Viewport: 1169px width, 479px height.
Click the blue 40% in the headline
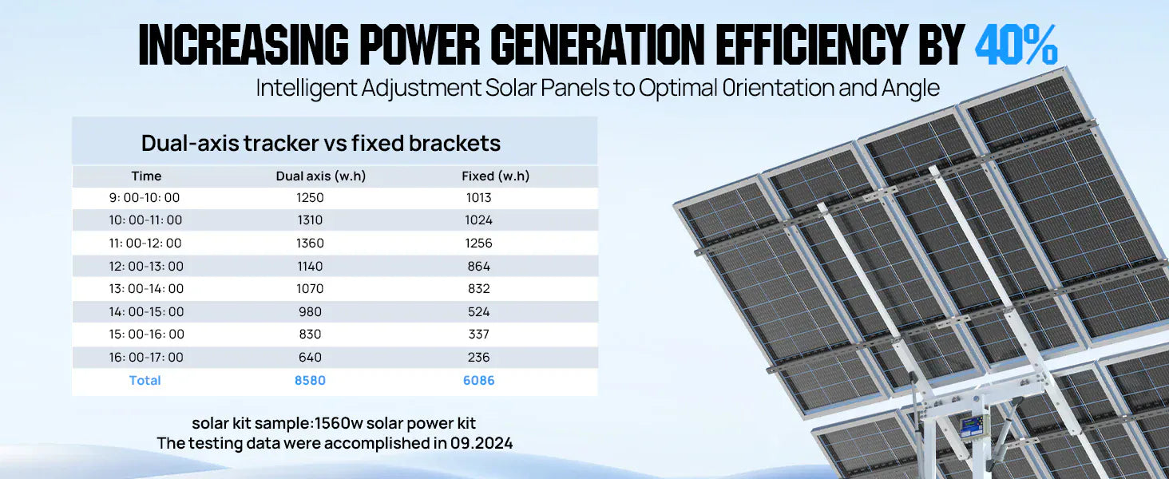1016,45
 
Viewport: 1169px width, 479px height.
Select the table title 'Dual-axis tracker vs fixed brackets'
321,143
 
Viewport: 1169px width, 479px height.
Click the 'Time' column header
146,176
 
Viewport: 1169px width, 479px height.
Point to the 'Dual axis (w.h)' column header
321,176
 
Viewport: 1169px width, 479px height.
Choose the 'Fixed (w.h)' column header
495,176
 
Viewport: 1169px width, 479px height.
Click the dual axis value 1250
310,198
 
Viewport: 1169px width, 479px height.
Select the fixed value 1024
479,220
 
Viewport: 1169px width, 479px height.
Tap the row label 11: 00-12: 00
145,243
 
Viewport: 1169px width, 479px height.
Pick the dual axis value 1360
310,243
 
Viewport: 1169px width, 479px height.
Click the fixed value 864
479,267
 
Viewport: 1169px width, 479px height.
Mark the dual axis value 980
310,312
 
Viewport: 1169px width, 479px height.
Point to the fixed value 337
479,335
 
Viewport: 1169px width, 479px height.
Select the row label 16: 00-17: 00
146,358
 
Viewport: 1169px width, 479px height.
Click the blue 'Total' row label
145,381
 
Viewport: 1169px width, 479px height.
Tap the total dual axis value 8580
310,381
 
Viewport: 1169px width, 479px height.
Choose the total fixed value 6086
479,381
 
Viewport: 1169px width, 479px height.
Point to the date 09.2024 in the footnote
480,443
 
